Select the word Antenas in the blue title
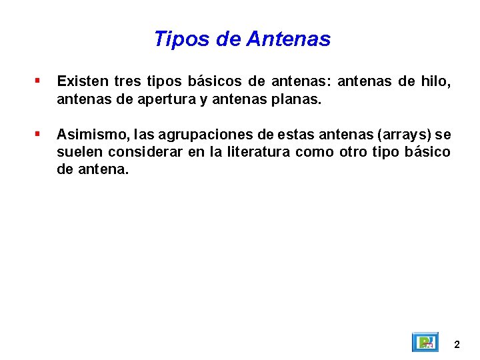coord(288,39)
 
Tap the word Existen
coord(83,82)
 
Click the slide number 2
coord(457,345)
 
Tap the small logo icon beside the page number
coord(425,342)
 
